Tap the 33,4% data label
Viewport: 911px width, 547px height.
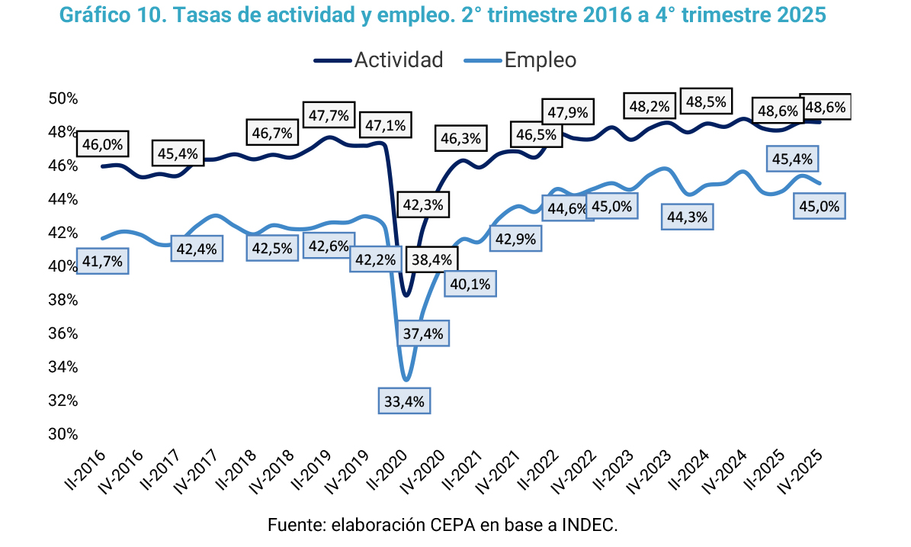pyautogui.click(x=405, y=400)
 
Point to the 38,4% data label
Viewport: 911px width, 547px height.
pyautogui.click(x=431, y=260)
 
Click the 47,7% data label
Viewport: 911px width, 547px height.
pyautogui.click(x=329, y=116)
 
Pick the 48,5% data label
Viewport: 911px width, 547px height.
pyautogui.click(x=706, y=101)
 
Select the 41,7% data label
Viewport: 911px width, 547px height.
pyautogui.click(x=102, y=262)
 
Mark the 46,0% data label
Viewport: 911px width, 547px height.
pyautogui.click(x=102, y=143)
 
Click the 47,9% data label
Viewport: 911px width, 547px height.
pyautogui.click(x=567, y=112)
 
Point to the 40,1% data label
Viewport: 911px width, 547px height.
pyautogui.click(x=470, y=284)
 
